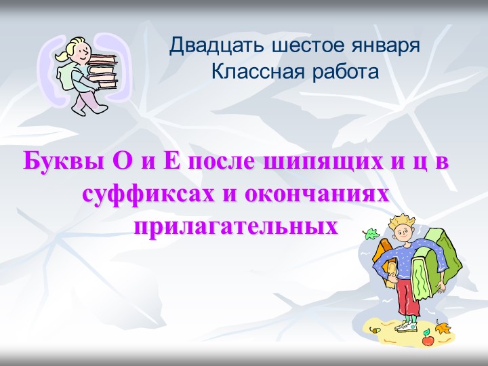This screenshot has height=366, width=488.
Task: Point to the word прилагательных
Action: coord(235,224)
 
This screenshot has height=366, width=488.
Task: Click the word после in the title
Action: coord(219,163)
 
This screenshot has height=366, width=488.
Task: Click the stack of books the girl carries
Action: coord(104,70)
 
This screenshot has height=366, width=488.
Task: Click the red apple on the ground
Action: coord(428,340)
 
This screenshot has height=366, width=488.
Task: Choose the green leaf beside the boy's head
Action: coord(372,235)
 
